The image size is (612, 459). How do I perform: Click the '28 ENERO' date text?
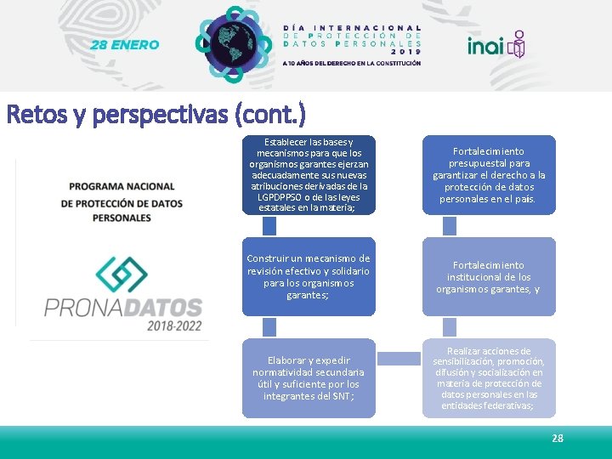point(125,44)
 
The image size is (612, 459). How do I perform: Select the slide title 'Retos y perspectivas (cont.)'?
point(156,114)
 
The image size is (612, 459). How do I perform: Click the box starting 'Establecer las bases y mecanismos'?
point(309,175)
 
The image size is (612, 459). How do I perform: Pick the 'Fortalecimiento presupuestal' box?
point(489,175)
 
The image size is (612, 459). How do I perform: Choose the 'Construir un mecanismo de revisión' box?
point(309,276)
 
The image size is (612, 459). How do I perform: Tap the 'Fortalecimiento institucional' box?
point(489,276)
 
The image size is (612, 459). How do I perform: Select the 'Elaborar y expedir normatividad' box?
point(309,378)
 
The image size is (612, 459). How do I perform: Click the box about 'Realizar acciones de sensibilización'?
point(489,378)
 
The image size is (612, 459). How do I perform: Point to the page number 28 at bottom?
point(557,439)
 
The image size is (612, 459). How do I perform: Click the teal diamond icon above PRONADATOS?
point(122,275)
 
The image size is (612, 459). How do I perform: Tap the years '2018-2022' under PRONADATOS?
point(173,326)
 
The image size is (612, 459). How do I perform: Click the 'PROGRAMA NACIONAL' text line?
point(122,186)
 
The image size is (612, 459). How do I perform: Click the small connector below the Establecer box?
point(269,225)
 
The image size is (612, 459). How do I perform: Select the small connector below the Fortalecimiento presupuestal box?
point(450,225)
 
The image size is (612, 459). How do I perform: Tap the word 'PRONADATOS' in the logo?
point(123,306)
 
